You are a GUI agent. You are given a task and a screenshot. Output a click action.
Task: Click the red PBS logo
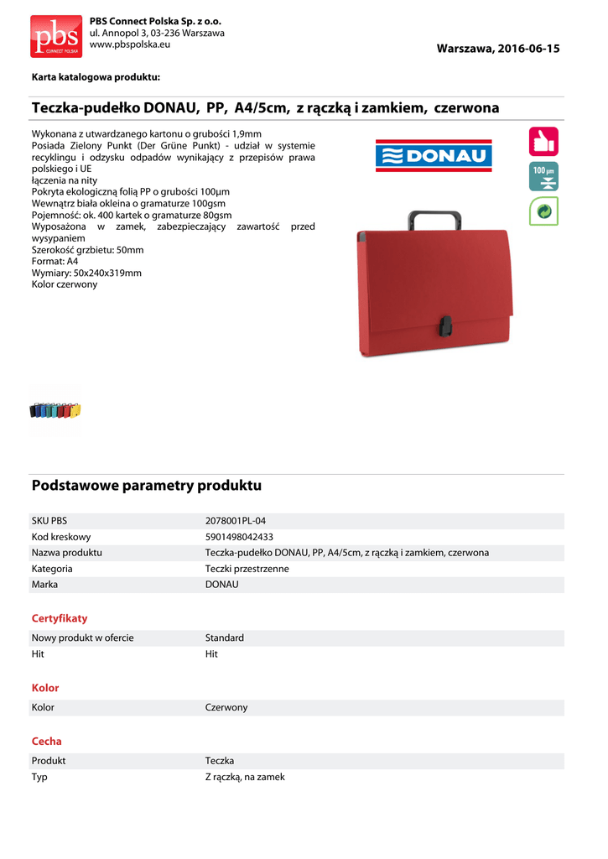56,36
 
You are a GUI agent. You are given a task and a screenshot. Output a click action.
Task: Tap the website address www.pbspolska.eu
129,44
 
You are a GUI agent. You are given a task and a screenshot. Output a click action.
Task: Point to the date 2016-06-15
527,49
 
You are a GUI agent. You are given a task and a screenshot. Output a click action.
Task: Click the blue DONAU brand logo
434,155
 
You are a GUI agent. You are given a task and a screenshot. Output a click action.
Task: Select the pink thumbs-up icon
543,141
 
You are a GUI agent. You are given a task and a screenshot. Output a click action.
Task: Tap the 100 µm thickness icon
543,176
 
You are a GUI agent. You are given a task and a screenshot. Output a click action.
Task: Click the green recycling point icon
543,211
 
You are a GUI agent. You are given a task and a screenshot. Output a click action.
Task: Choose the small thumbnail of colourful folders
55,410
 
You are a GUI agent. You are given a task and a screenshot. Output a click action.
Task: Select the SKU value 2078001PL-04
236,521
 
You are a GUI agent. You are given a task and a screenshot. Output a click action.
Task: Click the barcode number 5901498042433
239,537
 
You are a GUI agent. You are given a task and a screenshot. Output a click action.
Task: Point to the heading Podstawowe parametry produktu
147,486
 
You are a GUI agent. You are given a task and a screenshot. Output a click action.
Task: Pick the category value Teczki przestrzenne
247,569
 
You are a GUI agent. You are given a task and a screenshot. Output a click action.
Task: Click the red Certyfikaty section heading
60,618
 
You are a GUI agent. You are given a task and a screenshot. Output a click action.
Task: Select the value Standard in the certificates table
225,638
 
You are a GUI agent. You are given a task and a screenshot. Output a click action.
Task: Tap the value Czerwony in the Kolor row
226,707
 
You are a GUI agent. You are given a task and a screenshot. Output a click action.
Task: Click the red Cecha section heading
47,742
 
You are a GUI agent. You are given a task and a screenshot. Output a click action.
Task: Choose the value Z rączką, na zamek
245,777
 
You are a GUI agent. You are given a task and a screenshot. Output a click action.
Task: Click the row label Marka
44,585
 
